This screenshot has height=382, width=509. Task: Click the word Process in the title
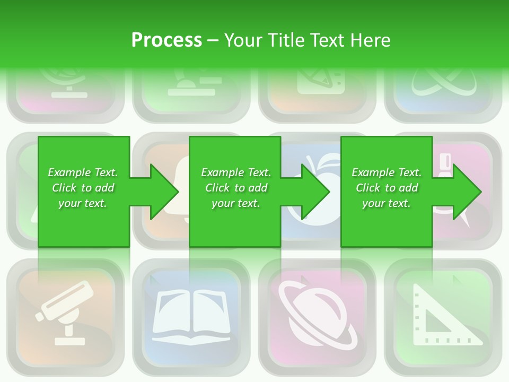(x=166, y=40)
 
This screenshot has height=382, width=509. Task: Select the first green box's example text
(x=83, y=188)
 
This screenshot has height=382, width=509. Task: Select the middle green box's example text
(x=236, y=188)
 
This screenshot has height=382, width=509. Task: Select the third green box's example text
(x=387, y=188)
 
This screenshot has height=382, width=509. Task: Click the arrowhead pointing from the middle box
(x=314, y=192)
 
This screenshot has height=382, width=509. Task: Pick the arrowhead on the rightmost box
(x=465, y=192)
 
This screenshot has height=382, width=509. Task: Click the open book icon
(x=191, y=316)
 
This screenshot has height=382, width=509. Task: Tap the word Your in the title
(x=244, y=40)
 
